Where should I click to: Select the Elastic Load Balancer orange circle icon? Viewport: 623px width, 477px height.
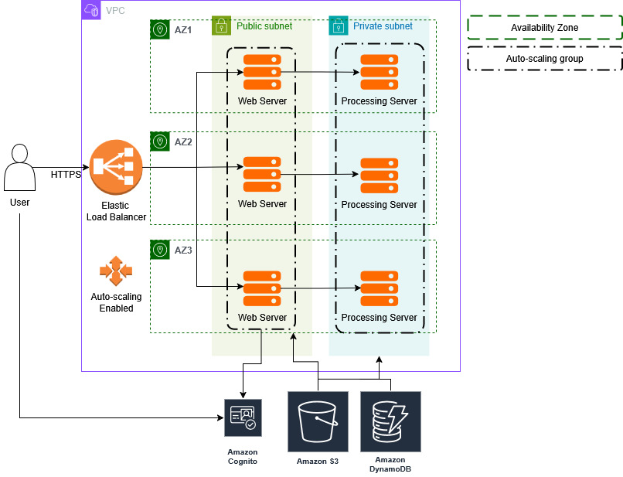tap(116, 167)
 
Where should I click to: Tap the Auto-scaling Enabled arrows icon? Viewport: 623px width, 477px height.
tap(116, 271)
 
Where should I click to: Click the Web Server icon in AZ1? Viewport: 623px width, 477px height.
tap(262, 73)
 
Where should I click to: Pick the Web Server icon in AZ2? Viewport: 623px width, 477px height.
tap(262, 175)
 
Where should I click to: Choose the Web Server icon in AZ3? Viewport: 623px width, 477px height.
tap(262, 288)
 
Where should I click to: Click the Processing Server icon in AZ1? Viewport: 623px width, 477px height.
tap(380, 73)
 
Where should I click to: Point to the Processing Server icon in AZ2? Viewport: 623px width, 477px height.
tap(380, 176)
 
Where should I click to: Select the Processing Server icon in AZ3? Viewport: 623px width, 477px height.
tap(380, 288)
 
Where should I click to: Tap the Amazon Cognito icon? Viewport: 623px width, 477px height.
tap(243, 418)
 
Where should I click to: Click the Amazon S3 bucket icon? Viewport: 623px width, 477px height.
tap(318, 421)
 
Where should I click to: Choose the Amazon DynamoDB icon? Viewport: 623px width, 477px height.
tap(390, 421)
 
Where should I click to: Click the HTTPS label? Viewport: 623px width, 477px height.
tap(66, 175)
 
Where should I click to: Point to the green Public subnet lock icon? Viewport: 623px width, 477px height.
tap(221, 26)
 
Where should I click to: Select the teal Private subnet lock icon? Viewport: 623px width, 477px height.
tap(338, 26)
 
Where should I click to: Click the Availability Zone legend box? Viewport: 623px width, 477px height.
tap(544, 28)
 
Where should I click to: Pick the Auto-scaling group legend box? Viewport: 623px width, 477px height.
tap(544, 58)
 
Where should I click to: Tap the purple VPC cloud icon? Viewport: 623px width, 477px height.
tap(91, 10)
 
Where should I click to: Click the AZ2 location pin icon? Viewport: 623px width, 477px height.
tap(160, 142)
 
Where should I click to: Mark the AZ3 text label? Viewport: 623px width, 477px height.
tap(183, 250)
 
